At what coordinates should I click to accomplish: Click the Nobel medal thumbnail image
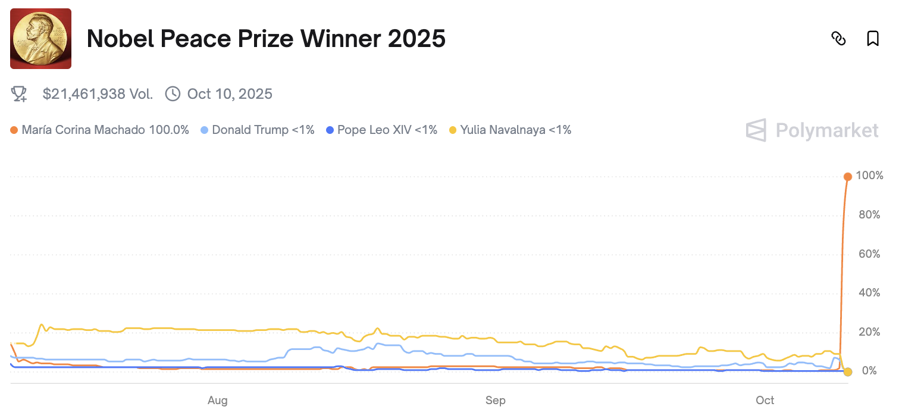click(x=40, y=39)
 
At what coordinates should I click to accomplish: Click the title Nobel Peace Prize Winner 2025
click(x=266, y=39)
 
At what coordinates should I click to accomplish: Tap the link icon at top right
click(x=838, y=39)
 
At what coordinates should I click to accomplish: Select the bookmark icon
click(x=872, y=39)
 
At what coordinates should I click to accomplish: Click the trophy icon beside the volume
click(x=20, y=94)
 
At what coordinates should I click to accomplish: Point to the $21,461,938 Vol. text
click(x=98, y=94)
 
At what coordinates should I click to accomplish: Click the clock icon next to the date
click(x=173, y=94)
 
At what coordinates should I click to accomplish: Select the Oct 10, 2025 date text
click(x=229, y=94)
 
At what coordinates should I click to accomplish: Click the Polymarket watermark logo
click(x=812, y=130)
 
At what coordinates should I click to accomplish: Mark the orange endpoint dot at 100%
click(x=848, y=176)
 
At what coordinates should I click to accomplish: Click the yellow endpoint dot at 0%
click(x=848, y=371)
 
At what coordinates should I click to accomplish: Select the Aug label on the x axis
click(x=218, y=401)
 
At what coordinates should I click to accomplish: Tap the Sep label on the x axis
click(x=496, y=401)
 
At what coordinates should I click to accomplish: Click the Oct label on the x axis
click(x=765, y=401)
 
